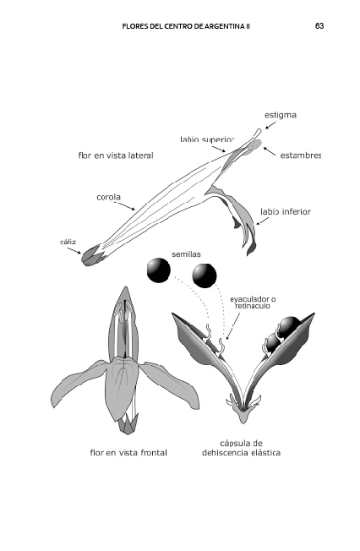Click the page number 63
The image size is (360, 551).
point(319,26)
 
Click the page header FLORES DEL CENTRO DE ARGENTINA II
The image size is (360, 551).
point(186,26)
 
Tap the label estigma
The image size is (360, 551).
point(281,115)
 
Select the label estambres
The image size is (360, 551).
point(301,155)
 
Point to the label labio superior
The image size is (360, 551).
point(207,139)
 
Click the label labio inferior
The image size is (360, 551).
point(286,211)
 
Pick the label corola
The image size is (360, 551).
point(109,197)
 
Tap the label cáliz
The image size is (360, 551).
point(68,242)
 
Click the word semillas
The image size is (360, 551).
point(186,254)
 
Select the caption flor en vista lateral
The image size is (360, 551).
point(116,155)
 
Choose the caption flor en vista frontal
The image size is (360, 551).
point(128,453)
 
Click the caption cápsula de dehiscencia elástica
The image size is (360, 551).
point(241,448)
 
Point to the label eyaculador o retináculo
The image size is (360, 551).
point(253,303)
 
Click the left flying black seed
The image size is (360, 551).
point(159,270)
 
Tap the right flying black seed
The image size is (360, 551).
point(205,275)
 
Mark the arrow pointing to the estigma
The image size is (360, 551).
point(270,125)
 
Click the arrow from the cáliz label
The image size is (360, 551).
point(74,250)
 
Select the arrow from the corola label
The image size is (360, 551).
point(126,206)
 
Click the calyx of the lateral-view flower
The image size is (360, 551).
point(93,255)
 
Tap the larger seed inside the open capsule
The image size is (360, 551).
point(289,327)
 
